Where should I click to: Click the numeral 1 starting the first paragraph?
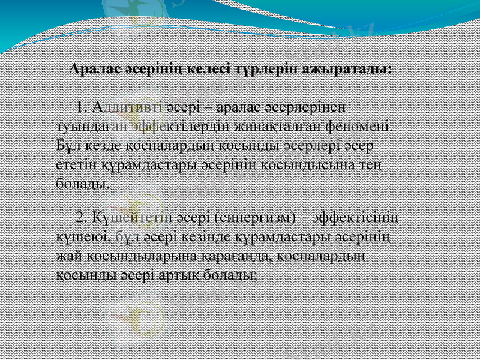tap(82, 107)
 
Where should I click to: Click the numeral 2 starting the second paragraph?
tap(83, 217)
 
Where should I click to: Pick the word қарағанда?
tap(233, 256)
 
